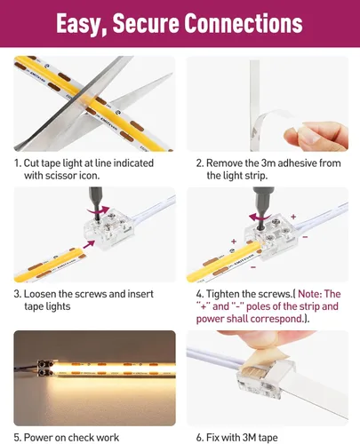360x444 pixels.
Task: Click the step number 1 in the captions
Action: [x=16, y=163]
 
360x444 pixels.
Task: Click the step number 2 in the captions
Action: [x=199, y=163]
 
